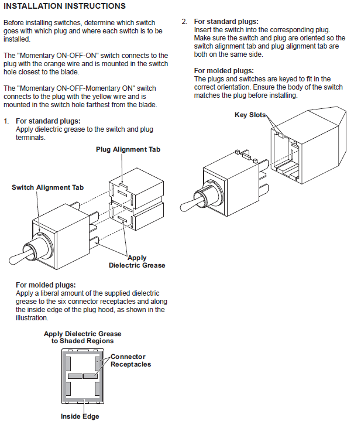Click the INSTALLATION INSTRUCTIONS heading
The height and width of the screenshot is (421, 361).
coord(64,6)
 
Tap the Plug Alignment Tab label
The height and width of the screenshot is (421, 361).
coord(128,149)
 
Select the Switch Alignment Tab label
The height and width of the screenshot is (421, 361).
coord(48,187)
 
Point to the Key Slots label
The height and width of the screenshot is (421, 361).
coord(250,115)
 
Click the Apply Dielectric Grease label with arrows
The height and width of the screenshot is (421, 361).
coord(137,262)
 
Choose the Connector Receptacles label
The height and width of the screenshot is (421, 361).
coord(131,361)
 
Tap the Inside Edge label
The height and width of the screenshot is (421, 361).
coord(80,416)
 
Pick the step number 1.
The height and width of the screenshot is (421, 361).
coord(6,121)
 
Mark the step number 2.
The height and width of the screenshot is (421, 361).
coord(184,22)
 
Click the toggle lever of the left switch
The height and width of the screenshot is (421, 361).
coord(19,257)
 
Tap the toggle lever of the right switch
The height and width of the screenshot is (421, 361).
coord(190,204)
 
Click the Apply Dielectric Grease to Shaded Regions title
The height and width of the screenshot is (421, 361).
coord(82,337)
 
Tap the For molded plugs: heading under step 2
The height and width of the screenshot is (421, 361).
coord(224,71)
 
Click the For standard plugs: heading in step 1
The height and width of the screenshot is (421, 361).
coord(48,121)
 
